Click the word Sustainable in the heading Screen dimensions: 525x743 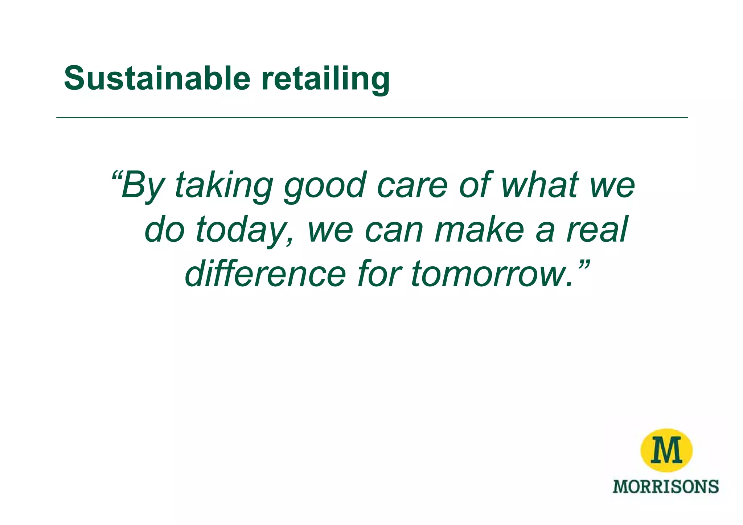click(x=157, y=78)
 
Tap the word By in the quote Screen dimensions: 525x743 click(x=142, y=186)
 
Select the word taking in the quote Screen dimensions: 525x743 click(x=223, y=186)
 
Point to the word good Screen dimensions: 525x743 click(x=324, y=186)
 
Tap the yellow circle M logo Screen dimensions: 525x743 click(x=666, y=450)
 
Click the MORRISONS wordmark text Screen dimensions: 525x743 click(x=665, y=487)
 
